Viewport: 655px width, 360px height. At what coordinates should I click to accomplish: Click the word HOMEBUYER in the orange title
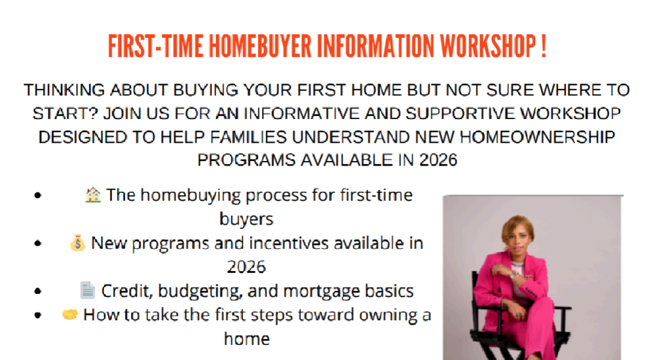point(260,46)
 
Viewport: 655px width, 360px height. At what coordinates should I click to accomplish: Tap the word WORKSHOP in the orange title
point(488,46)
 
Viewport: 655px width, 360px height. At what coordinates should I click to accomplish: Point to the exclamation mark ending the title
point(543,46)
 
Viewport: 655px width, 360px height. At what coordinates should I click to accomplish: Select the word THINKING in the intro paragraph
point(64,90)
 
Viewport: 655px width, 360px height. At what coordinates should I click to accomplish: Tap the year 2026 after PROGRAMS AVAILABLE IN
point(438,160)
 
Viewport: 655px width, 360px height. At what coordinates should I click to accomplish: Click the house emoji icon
point(93,195)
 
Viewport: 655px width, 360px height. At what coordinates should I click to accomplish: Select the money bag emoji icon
point(78,243)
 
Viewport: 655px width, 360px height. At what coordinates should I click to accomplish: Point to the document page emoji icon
point(87,290)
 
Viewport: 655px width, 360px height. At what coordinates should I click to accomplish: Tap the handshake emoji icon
point(70,314)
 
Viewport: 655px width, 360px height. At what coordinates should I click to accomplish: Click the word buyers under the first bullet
point(246,219)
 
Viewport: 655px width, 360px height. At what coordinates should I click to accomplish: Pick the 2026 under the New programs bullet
point(246,267)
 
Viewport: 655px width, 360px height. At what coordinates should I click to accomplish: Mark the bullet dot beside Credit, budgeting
point(38,291)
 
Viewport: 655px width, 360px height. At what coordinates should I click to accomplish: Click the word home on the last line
point(247,338)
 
